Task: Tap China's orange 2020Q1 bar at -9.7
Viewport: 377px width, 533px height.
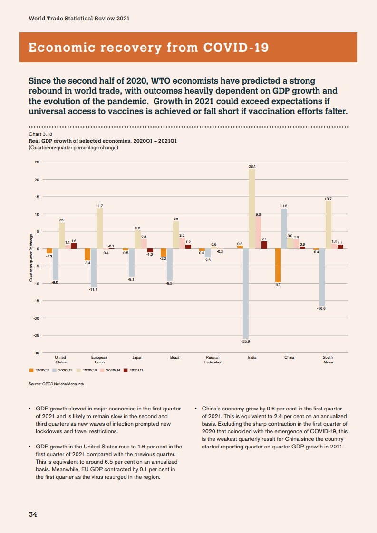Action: coord(278,266)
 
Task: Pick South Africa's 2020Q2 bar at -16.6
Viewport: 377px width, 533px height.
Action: coord(322,277)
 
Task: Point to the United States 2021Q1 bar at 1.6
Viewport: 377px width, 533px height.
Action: coord(74,246)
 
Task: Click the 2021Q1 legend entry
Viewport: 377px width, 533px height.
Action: coord(134,370)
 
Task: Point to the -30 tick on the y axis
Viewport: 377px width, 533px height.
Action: coord(36,353)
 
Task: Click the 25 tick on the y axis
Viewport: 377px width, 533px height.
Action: coord(37,162)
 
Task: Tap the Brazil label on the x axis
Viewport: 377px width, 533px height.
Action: coord(174,357)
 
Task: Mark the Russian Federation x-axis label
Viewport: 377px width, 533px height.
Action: coord(213,360)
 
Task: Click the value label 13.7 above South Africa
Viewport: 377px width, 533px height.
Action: coord(328,198)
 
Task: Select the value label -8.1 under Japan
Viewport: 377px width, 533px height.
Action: coord(131,280)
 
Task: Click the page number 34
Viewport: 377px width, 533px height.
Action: coord(33,514)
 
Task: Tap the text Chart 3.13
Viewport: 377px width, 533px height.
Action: coord(39,134)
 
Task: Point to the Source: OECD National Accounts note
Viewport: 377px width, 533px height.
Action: coord(57,384)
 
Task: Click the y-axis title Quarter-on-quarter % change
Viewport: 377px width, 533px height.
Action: coord(31,258)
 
